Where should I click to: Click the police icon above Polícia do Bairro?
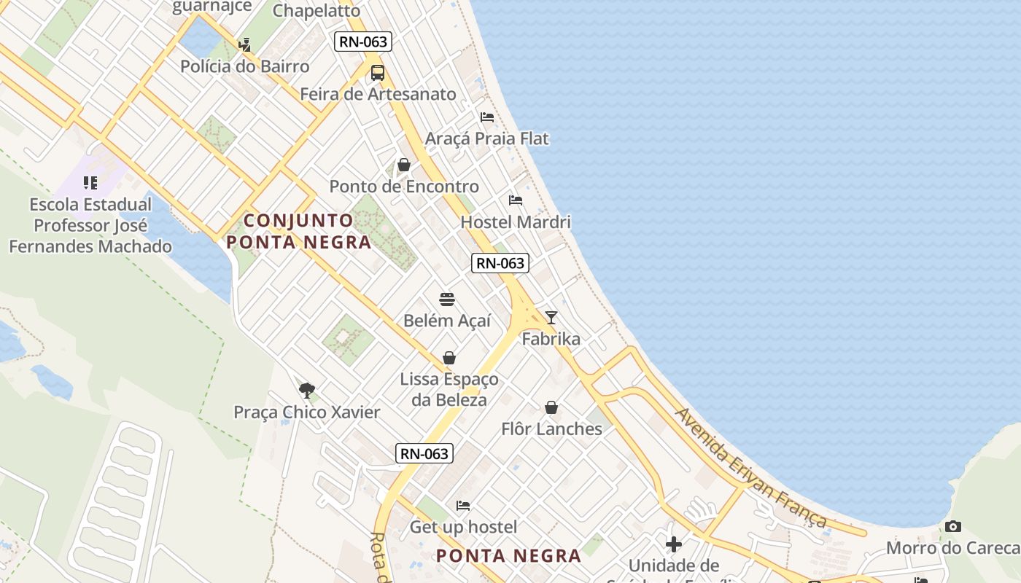click(244, 45)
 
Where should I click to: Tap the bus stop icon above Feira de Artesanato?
click(378, 73)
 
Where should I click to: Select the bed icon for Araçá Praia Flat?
click(487, 117)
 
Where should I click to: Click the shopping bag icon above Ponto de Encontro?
click(404, 165)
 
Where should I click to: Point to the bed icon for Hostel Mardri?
click(516, 200)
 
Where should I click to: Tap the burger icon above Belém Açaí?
click(447, 300)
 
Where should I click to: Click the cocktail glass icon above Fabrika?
click(551, 317)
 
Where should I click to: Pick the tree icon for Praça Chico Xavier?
click(307, 391)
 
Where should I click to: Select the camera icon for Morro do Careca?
click(952, 526)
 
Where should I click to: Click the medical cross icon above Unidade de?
click(674, 544)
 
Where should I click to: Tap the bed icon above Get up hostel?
click(463, 505)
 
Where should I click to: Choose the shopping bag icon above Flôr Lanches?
click(551, 407)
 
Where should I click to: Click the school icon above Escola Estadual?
click(90, 183)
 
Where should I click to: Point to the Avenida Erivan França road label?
click(751, 468)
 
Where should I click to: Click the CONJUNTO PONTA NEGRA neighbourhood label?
click(299, 231)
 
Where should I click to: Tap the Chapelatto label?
click(317, 10)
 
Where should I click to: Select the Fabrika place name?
click(551, 339)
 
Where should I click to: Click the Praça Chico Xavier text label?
click(307, 412)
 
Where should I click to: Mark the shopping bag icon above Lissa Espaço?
click(449, 358)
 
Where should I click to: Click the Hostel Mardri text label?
click(516, 222)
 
